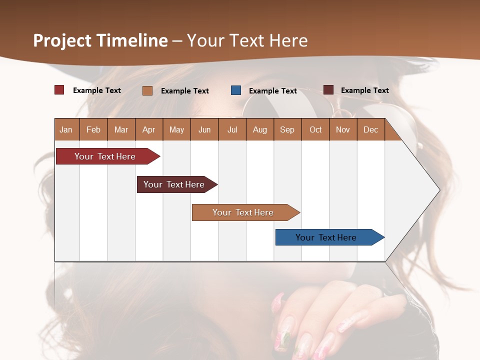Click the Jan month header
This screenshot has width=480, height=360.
point(66,129)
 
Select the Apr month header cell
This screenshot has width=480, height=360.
point(149,129)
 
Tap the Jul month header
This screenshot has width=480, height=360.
point(232,129)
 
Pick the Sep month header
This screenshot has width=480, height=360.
point(287,129)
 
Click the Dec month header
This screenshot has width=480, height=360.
point(370,129)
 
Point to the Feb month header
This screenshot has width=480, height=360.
point(93,129)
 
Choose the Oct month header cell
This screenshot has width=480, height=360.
point(315,129)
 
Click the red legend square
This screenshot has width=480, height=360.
point(59,90)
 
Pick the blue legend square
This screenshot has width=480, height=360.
point(236,90)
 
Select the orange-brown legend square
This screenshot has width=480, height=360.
point(147,90)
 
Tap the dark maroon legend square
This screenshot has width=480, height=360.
point(328,90)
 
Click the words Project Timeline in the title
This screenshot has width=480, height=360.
point(100,40)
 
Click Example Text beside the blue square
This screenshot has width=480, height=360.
point(273,91)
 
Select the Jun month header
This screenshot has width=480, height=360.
point(204,129)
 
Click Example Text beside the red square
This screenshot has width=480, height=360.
point(97,90)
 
